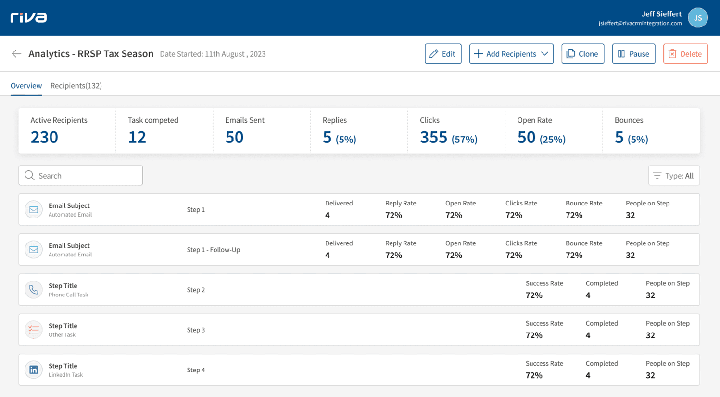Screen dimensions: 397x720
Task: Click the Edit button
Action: pos(442,54)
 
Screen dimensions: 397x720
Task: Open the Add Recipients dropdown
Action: pos(511,54)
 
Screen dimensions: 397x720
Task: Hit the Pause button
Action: pos(633,54)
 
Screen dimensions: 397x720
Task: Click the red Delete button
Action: pos(685,54)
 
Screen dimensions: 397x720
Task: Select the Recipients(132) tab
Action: pos(76,86)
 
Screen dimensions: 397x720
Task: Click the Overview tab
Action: pos(26,86)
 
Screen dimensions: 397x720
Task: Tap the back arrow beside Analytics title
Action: pos(16,54)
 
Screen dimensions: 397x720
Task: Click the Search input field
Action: pos(81,176)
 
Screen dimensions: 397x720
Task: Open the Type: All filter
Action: pos(674,176)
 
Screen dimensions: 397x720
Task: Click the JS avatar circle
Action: pos(697,18)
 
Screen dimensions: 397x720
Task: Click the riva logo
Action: pos(29,18)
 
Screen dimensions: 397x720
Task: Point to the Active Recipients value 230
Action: pos(44,138)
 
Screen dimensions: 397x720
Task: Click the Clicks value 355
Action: pos(433,138)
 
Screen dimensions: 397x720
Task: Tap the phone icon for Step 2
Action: pos(34,290)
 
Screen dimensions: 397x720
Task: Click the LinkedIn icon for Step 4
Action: pos(34,370)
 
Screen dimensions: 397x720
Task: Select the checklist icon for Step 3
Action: pos(34,330)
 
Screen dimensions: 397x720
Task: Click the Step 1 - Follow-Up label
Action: pos(213,250)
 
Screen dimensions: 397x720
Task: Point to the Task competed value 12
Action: pos(137,138)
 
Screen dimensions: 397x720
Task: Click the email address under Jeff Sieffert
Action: pos(640,23)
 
